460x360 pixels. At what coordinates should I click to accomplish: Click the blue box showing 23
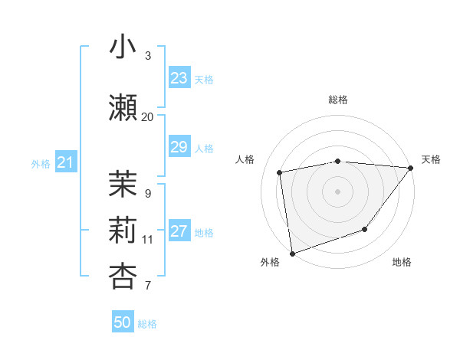(x=179, y=78)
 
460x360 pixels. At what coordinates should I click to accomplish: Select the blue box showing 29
(x=179, y=147)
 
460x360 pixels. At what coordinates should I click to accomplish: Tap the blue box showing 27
(x=179, y=231)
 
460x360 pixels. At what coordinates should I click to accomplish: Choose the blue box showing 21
(x=65, y=162)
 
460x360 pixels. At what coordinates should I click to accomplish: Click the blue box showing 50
(x=123, y=322)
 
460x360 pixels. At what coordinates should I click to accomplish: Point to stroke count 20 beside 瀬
(x=147, y=116)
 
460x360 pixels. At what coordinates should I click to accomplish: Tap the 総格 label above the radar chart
(x=338, y=100)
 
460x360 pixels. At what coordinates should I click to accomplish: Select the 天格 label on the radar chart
(x=431, y=159)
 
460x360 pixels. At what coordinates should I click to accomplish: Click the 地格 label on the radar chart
(x=402, y=263)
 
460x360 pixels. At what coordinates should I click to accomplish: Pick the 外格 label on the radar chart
(x=270, y=263)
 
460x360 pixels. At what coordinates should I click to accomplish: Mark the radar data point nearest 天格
(x=412, y=168)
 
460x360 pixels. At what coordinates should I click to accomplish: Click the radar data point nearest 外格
(x=292, y=253)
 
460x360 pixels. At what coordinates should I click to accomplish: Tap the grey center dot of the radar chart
(x=338, y=191)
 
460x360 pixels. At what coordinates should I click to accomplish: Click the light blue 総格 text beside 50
(x=147, y=324)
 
